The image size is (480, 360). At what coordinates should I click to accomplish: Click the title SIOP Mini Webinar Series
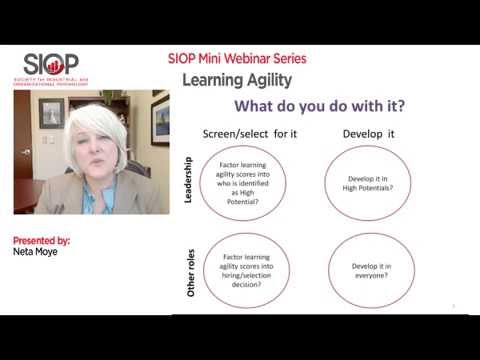tap(237, 58)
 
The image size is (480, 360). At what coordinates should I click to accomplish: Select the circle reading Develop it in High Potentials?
tap(369, 181)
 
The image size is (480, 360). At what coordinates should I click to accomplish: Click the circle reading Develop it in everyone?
tap(369, 271)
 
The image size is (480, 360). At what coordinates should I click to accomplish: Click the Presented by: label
tap(41, 241)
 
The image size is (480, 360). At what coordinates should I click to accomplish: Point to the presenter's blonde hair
tap(96, 118)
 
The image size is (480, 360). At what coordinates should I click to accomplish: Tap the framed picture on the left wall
tap(51, 112)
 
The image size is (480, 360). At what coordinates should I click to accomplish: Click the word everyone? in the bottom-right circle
tap(369, 277)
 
